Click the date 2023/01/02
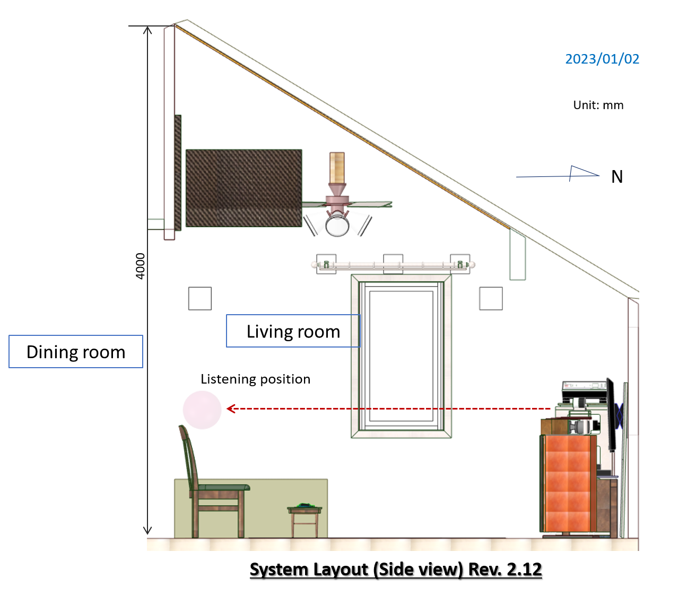coord(602,59)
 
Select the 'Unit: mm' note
coord(598,105)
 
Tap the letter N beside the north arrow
coord(617,176)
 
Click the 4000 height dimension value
coord(140,266)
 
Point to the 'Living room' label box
coord(293,331)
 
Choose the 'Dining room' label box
coord(76,351)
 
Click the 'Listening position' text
coord(255,379)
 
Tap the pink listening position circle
coord(202,410)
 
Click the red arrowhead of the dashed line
coord(231,408)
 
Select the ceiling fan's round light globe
coord(337,226)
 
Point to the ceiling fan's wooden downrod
coord(337,168)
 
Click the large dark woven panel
coord(244,188)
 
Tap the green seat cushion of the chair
coord(223,487)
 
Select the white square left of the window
coord(200,298)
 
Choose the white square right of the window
coord(491,298)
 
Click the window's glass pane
coord(401,356)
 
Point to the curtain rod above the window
coord(393,265)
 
